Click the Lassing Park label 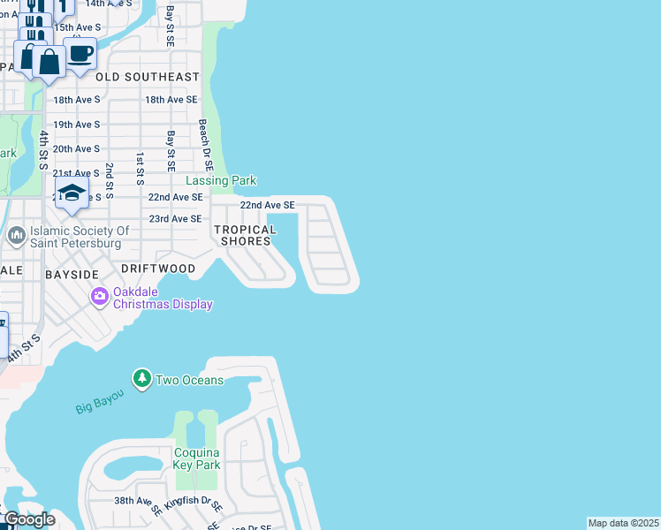(x=226, y=180)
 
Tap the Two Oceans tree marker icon (x=141, y=379)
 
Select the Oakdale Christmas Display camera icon (x=99, y=295)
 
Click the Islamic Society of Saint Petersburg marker (x=17, y=236)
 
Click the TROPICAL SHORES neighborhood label (x=245, y=235)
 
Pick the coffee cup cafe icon (x=80, y=52)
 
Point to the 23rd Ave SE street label (x=175, y=218)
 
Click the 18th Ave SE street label (x=171, y=100)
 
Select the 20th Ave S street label (x=77, y=148)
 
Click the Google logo (x=28, y=519)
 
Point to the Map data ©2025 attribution (x=623, y=523)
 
